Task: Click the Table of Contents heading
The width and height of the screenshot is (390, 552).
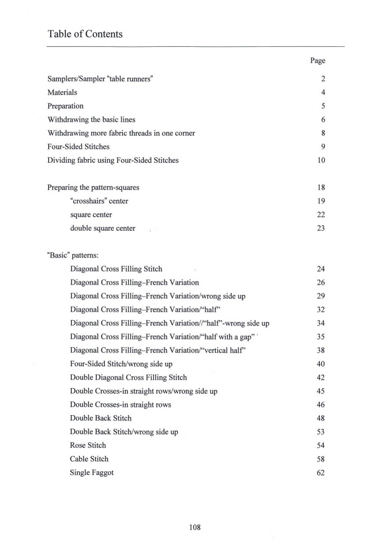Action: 85,34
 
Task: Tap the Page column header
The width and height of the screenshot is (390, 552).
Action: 317,61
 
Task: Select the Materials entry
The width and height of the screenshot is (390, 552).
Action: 62,92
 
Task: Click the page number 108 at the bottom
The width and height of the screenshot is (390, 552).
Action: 195,527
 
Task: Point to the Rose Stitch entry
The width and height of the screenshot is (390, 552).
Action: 88,445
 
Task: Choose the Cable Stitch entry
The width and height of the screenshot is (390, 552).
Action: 89,459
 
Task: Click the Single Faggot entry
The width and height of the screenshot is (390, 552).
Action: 92,473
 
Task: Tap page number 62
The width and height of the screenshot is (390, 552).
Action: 320,473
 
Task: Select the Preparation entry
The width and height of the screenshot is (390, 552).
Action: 65,106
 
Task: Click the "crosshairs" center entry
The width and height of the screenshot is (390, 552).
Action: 99,201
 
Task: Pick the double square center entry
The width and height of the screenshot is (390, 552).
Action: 102,229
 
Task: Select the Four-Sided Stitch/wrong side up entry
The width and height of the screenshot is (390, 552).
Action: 121,364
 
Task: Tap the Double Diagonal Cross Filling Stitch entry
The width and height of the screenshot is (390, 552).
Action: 128,377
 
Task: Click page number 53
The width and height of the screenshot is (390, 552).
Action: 320,432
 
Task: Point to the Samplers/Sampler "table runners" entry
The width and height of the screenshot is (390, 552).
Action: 100,79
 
